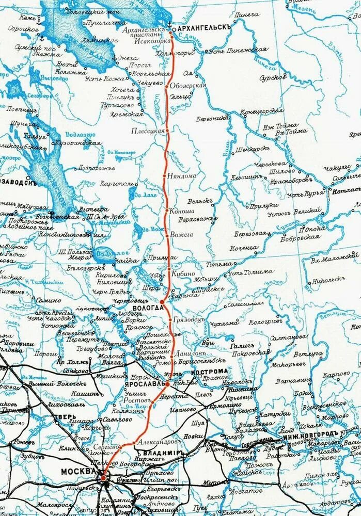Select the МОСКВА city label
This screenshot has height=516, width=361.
pyautogui.click(x=79, y=471)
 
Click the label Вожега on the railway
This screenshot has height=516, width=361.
pyautogui.click(x=182, y=234)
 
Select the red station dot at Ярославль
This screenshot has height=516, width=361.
pyautogui.click(x=167, y=384)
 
